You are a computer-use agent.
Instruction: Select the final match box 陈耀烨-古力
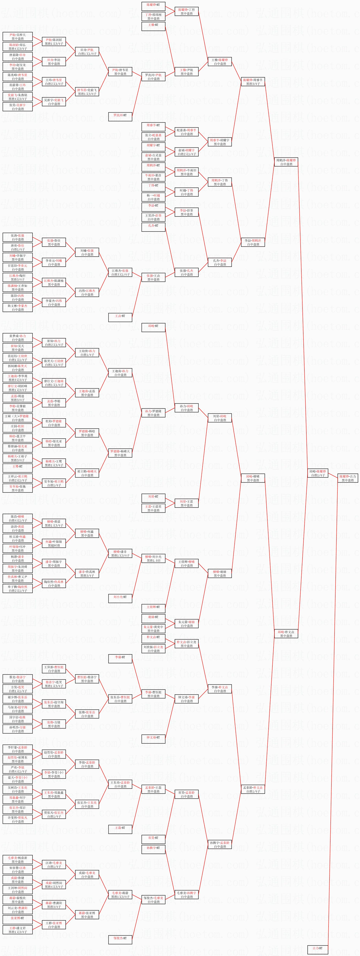(x=348, y=478)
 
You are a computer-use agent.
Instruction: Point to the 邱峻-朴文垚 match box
(x=286, y=633)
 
